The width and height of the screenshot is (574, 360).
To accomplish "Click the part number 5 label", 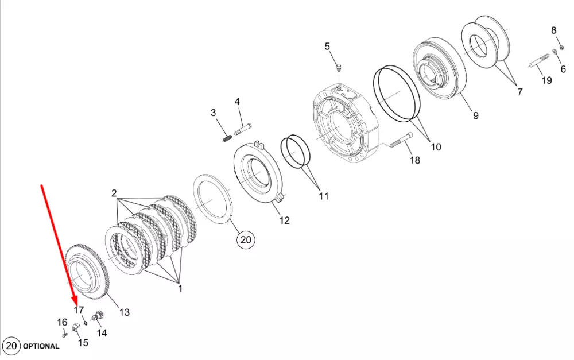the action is pyautogui.click(x=327, y=47).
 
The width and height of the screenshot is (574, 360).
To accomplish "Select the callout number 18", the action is pyautogui.click(x=415, y=160).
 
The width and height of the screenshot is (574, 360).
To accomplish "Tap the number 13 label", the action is pyautogui.click(x=125, y=312).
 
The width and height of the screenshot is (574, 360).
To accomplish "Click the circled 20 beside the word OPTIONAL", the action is pyautogui.click(x=11, y=346).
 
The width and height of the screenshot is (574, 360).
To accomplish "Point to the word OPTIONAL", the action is pyautogui.click(x=41, y=346).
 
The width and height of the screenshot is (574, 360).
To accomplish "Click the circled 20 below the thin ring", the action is pyautogui.click(x=246, y=239).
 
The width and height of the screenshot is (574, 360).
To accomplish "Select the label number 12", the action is pyautogui.click(x=285, y=220).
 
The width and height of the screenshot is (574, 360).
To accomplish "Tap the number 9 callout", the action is pyautogui.click(x=475, y=116).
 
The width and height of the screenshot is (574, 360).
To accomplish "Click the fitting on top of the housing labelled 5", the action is pyautogui.click(x=339, y=68).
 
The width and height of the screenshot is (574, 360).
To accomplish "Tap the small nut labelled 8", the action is pyautogui.click(x=562, y=47).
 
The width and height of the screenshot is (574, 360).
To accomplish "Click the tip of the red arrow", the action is pyautogui.click(x=76, y=305).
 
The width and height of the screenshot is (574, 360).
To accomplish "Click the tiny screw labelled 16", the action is pyautogui.click(x=64, y=334).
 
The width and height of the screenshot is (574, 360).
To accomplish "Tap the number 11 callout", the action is pyautogui.click(x=324, y=196).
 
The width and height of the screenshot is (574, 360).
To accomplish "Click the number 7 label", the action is pyautogui.click(x=520, y=92).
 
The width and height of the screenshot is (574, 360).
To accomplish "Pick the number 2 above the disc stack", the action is pyautogui.click(x=114, y=193).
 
